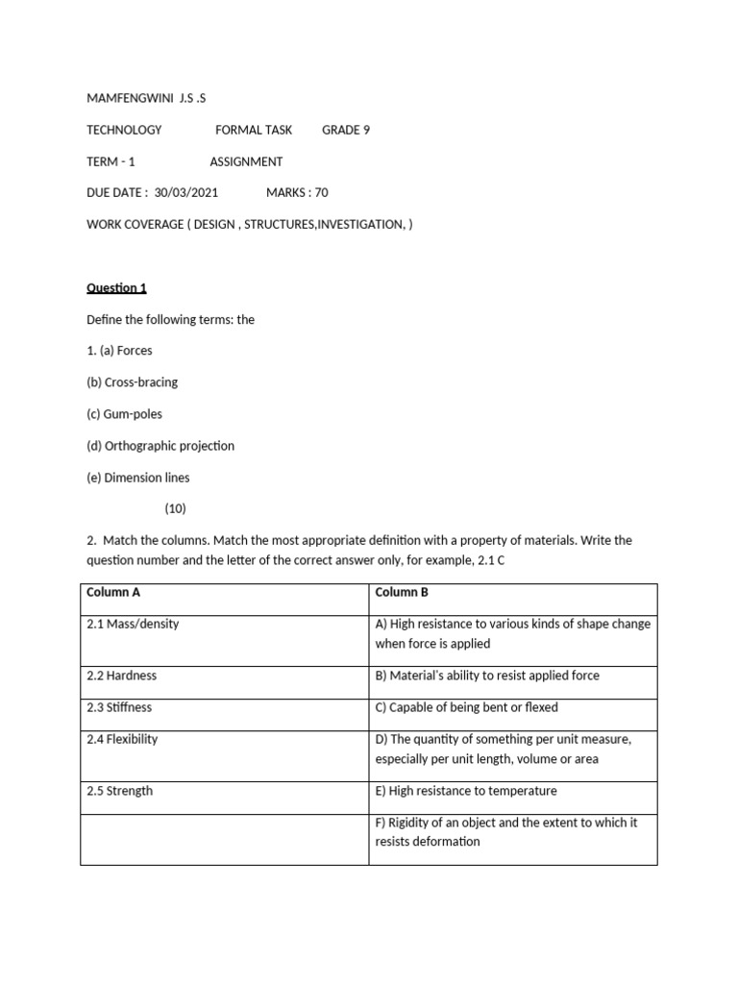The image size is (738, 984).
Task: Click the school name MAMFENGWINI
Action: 128,98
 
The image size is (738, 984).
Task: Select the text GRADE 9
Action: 346,130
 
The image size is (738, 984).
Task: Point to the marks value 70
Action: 321,192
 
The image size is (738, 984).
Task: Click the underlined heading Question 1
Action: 116,287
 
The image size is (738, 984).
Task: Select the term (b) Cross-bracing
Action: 132,381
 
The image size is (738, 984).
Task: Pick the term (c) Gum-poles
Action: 124,413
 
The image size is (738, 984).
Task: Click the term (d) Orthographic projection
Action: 160,445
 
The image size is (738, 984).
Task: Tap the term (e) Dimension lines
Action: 138,477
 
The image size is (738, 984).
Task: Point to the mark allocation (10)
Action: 176,508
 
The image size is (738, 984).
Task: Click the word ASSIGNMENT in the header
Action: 246,161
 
